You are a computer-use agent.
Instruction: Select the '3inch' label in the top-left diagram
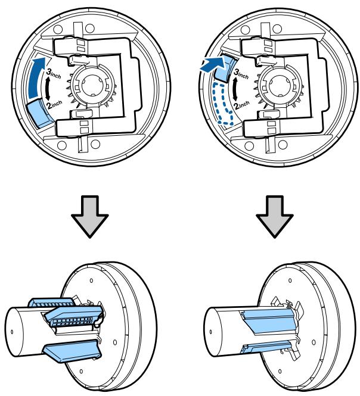[54, 73]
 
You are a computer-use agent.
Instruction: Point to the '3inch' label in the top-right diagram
[241, 73]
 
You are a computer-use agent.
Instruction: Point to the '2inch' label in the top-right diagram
[241, 105]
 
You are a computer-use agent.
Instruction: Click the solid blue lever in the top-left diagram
[39, 113]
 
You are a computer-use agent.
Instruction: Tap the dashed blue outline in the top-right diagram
[222, 104]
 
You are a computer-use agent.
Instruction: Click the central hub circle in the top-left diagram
[92, 85]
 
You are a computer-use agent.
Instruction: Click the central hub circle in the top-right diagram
[280, 85]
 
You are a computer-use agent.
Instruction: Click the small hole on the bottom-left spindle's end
[12, 332]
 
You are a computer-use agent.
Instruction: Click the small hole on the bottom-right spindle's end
[210, 332]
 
